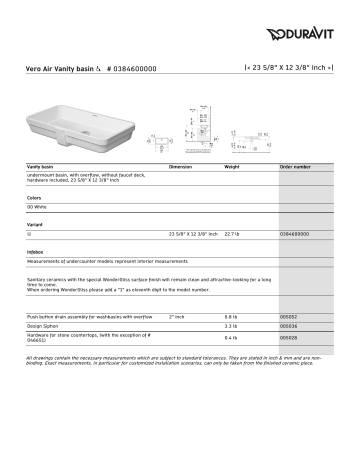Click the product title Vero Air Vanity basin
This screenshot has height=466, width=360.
point(67,69)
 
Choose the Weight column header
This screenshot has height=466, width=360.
point(233,166)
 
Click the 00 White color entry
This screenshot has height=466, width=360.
point(39,206)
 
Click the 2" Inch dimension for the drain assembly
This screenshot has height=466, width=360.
point(177,316)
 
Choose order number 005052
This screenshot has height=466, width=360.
point(289,316)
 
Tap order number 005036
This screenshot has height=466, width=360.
point(289,326)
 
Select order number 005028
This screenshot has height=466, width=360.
point(289,338)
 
